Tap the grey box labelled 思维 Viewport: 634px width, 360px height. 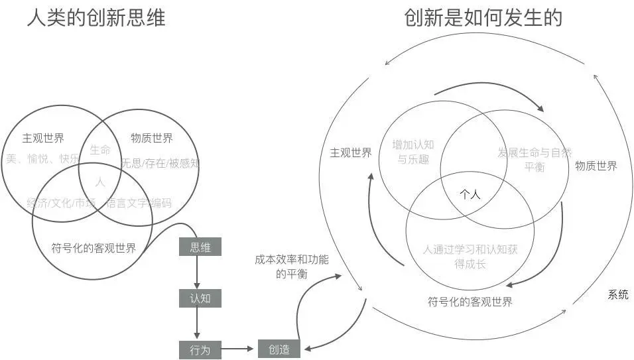(x=200, y=247)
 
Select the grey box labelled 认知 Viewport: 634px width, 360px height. (x=200, y=298)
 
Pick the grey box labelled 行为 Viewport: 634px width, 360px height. (x=200, y=349)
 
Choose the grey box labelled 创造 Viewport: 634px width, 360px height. (x=279, y=349)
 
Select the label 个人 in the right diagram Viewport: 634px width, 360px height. (x=470, y=194)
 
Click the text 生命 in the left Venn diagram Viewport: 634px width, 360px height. (x=100, y=150)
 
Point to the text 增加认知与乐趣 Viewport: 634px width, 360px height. (x=412, y=151)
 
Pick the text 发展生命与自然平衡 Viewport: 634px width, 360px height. (x=534, y=159)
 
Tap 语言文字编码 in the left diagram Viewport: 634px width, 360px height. (x=139, y=203)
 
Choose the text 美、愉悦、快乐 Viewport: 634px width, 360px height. (x=42, y=159)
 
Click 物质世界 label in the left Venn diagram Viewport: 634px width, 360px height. (x=152, y=138)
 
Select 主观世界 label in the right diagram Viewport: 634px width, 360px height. (x=351, y=152)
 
